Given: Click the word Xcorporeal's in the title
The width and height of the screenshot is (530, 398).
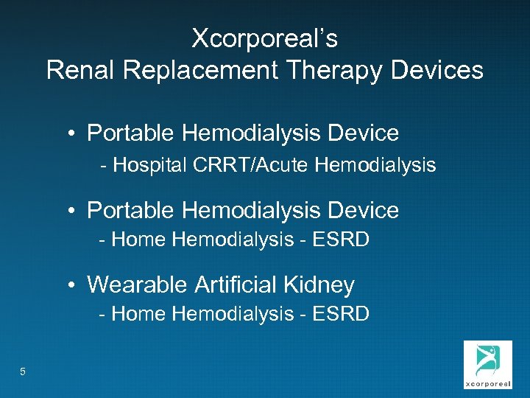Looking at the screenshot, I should point(264,38).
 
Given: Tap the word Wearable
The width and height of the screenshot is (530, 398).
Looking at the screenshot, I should point(138,284).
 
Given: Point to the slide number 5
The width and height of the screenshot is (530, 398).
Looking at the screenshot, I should point(23,372).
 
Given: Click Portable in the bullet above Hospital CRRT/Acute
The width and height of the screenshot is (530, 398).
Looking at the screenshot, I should point(130,133).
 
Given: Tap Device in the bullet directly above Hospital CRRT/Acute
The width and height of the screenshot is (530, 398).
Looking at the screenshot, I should point(364,133).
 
